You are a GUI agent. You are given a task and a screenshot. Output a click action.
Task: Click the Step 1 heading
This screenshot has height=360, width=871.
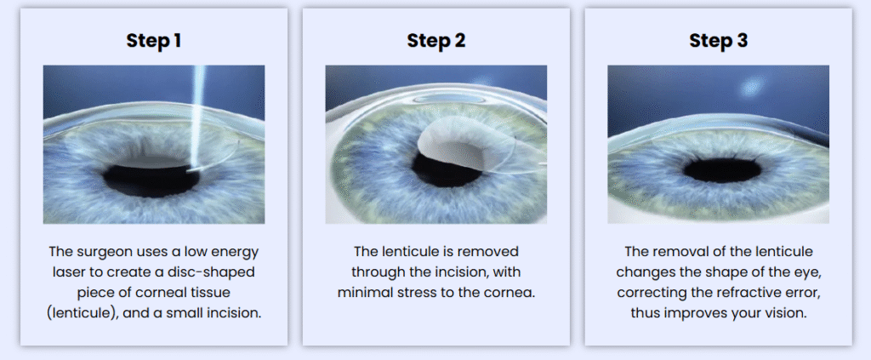(x=153, y=41)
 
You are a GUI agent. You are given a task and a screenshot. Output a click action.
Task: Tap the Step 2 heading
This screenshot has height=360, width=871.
(x=436, y=41)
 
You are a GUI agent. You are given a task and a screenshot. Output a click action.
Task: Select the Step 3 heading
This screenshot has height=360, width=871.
(x=718, y=41)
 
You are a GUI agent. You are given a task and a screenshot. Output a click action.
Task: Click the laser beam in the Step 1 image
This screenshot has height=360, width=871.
(x=196, y=116)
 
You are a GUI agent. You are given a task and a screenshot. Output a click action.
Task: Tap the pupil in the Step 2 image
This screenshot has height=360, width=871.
(x=444, y=169)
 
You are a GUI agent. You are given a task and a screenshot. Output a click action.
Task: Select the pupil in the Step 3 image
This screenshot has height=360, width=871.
(x=722, y=169)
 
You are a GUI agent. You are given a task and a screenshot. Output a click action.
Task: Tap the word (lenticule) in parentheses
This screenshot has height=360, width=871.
(x=83, y=313)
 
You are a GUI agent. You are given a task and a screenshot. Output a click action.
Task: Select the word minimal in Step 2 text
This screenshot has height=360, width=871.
(x=361, y=293)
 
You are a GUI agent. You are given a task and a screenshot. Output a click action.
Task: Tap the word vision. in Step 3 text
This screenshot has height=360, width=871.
(x=785, y=313)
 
